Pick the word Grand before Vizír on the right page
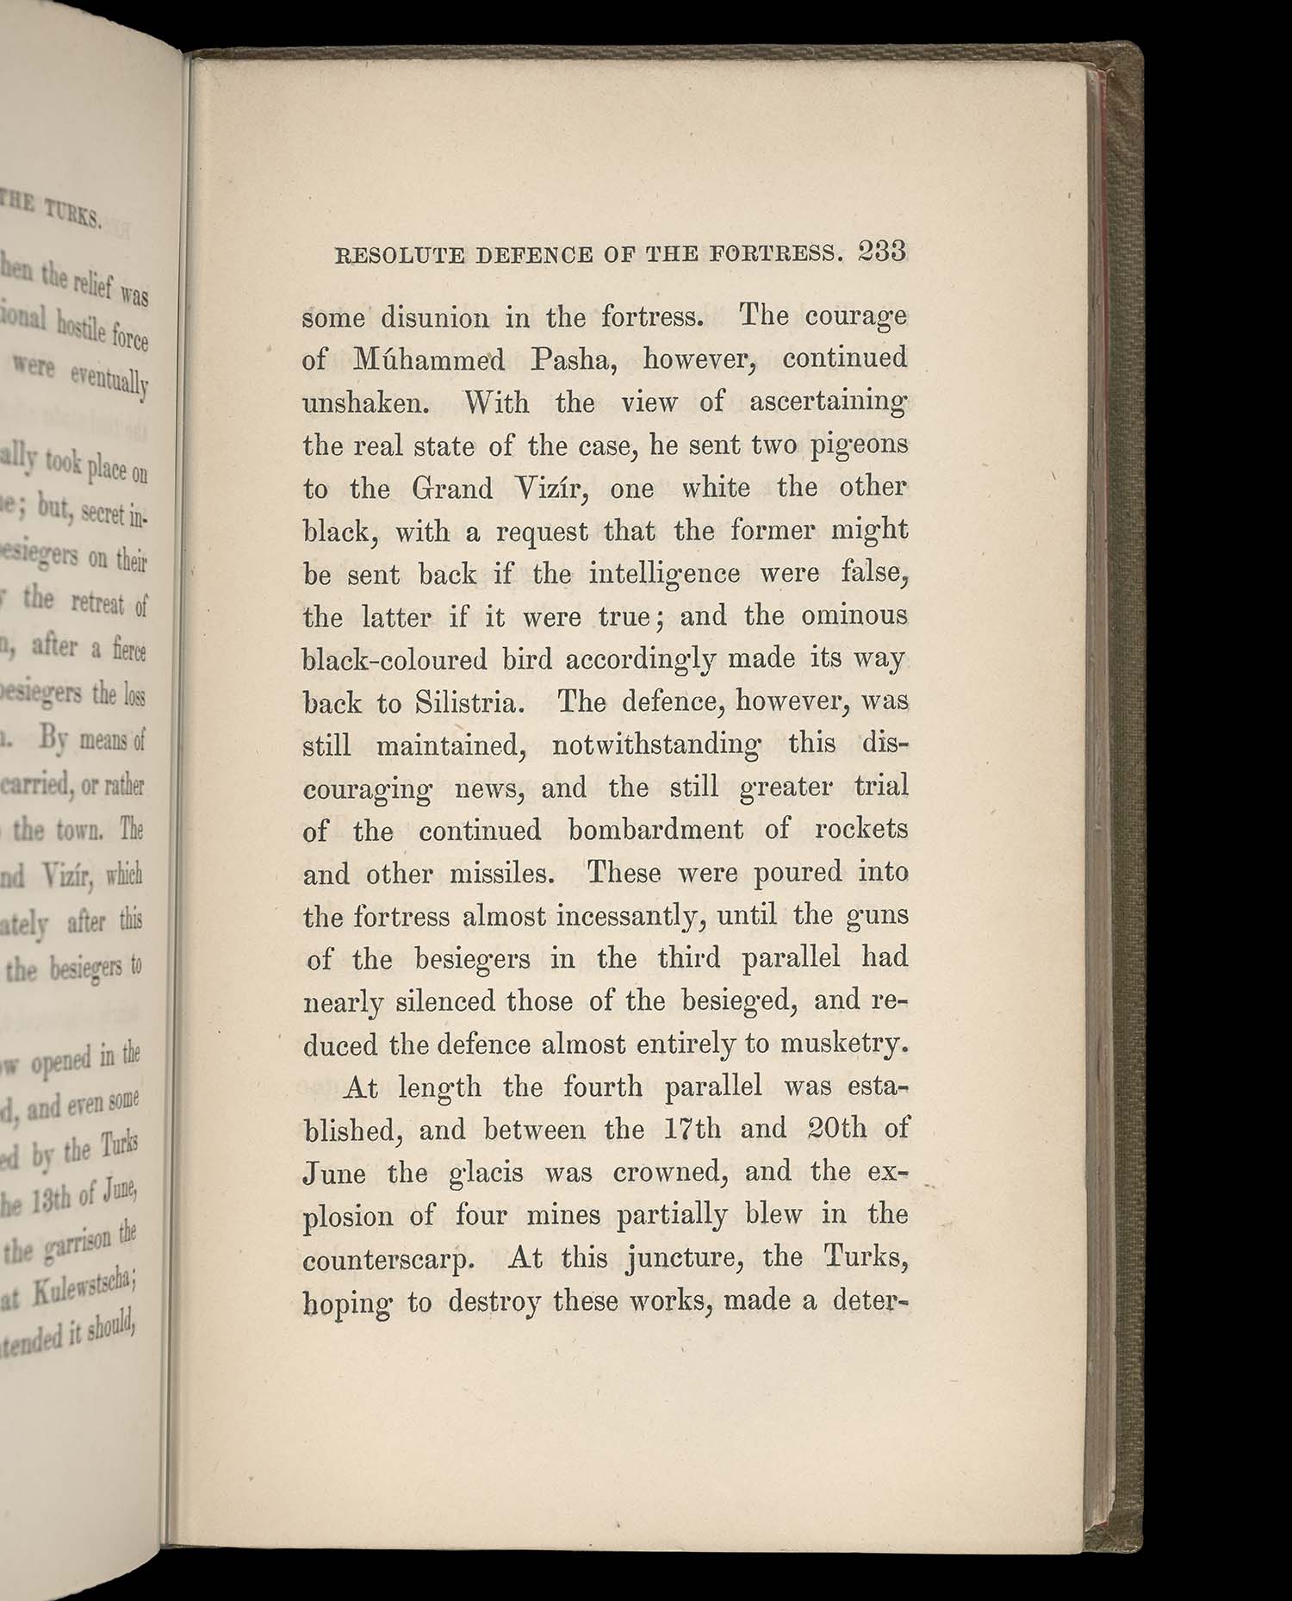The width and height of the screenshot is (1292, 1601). click(x=451, y=489)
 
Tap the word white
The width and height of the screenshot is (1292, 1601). click(x=717, y=488)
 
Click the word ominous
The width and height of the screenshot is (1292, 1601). click(x=854, y=615)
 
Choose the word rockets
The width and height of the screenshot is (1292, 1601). click(x=860, y=829)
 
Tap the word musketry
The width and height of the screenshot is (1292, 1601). click(x=843, y=1044)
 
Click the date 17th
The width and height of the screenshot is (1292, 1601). click(x=693, y=1129)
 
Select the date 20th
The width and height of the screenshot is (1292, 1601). click(x=837, y=1129)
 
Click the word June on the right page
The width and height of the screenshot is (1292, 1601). click(x=334, y=1173)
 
